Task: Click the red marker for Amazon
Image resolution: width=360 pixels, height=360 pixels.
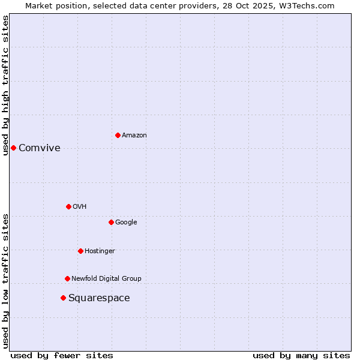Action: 118,135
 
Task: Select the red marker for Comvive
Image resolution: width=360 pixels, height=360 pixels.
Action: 13,148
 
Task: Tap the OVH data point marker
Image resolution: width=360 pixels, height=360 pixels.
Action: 68,206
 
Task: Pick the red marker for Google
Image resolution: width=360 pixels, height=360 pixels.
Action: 111,222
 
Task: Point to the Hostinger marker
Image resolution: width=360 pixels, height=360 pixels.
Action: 80,251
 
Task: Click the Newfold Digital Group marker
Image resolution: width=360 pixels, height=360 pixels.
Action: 67,278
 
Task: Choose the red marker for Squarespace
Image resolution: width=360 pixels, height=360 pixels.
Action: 63,298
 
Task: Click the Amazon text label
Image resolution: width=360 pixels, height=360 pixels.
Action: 134,136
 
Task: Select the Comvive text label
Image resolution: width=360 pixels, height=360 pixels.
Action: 40,148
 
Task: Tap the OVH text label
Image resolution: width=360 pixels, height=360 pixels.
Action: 80,207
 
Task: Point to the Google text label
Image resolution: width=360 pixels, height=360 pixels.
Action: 126,223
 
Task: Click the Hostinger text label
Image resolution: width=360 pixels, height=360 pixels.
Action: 100,251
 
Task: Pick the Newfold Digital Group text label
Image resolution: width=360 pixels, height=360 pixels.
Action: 106,279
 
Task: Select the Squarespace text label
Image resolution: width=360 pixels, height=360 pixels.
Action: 99,298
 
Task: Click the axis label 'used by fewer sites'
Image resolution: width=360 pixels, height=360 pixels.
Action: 62,355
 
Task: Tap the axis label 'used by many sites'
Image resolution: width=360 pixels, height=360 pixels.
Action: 301,355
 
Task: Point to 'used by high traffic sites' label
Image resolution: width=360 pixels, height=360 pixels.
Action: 5,85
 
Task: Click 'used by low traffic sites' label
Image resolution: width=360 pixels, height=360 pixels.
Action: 5,281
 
